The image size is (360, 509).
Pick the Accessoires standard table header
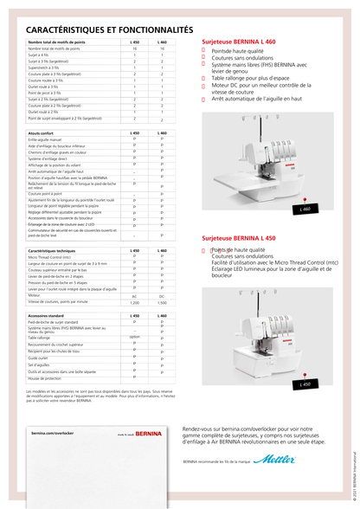[x=48, y=317]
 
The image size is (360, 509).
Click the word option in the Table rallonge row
[x=134, y=337]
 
